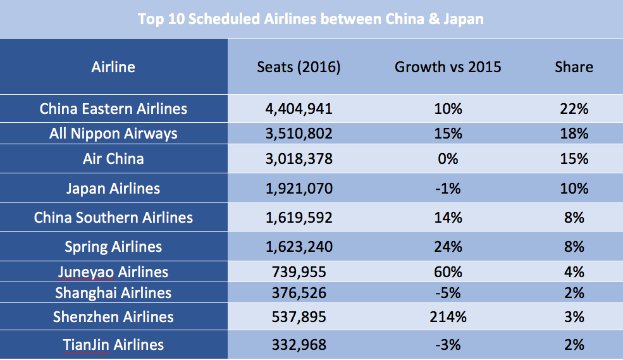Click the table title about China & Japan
[311, 19]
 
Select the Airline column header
[113, 66]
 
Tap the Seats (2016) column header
[299, 66]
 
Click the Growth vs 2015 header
[448, 66]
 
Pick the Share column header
[574, 66]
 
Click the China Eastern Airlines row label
[113, 109]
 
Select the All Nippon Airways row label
[113, 133]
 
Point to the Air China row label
[113, 158]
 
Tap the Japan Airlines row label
[113, 189]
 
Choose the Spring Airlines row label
[113, 247]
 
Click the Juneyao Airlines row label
[113, 272]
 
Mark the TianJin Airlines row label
[113, 345]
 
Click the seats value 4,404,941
[299, 109]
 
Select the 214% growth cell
[448, 317]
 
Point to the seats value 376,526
[299, 293]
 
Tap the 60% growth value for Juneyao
[448, 272]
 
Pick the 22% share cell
[574, 109]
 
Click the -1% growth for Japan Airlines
[448, 189]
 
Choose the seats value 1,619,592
[299, 218]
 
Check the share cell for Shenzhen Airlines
[574, 317]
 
